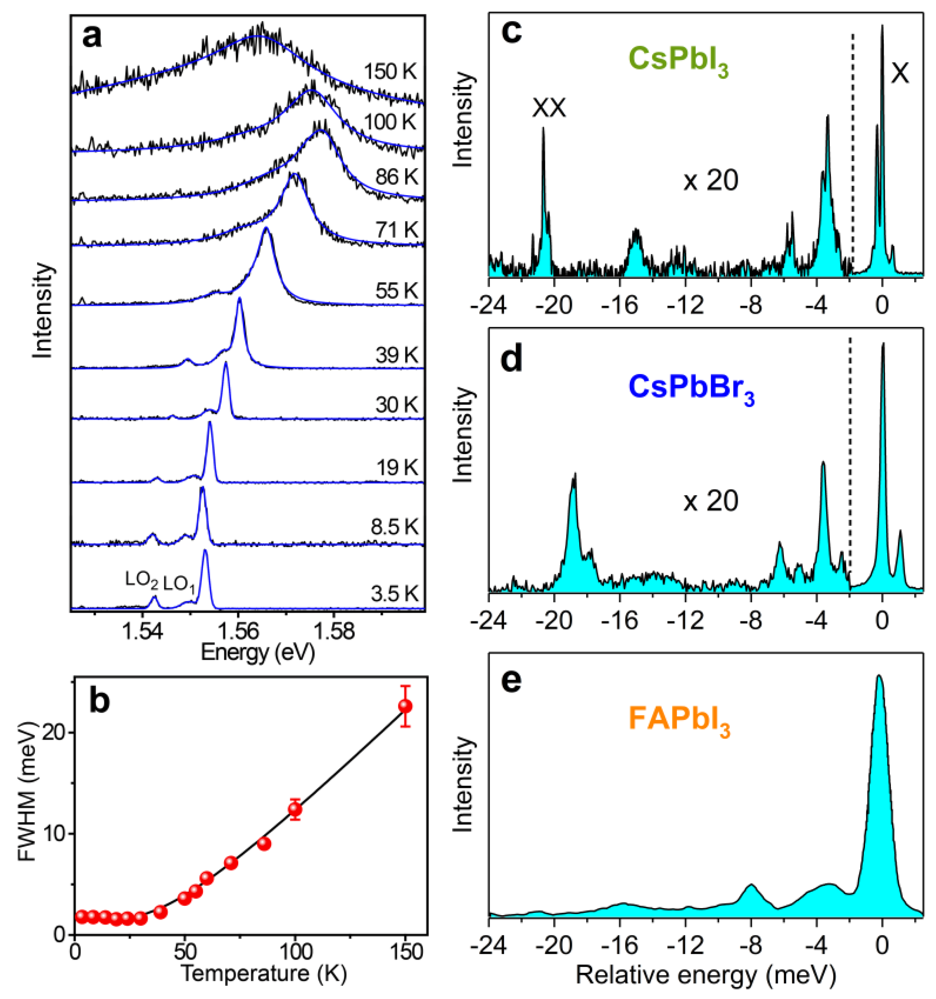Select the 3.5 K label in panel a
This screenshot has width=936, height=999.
coord(394,594)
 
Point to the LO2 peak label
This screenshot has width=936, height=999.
coord(142,581)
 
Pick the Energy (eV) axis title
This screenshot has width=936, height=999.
coord(258,653)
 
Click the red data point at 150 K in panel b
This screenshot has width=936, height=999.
coord(405,706)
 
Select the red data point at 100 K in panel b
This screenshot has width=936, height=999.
coord(295,809)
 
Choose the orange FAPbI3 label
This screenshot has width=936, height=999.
coord(679,721)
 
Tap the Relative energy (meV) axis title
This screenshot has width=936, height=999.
coord(706,974)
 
